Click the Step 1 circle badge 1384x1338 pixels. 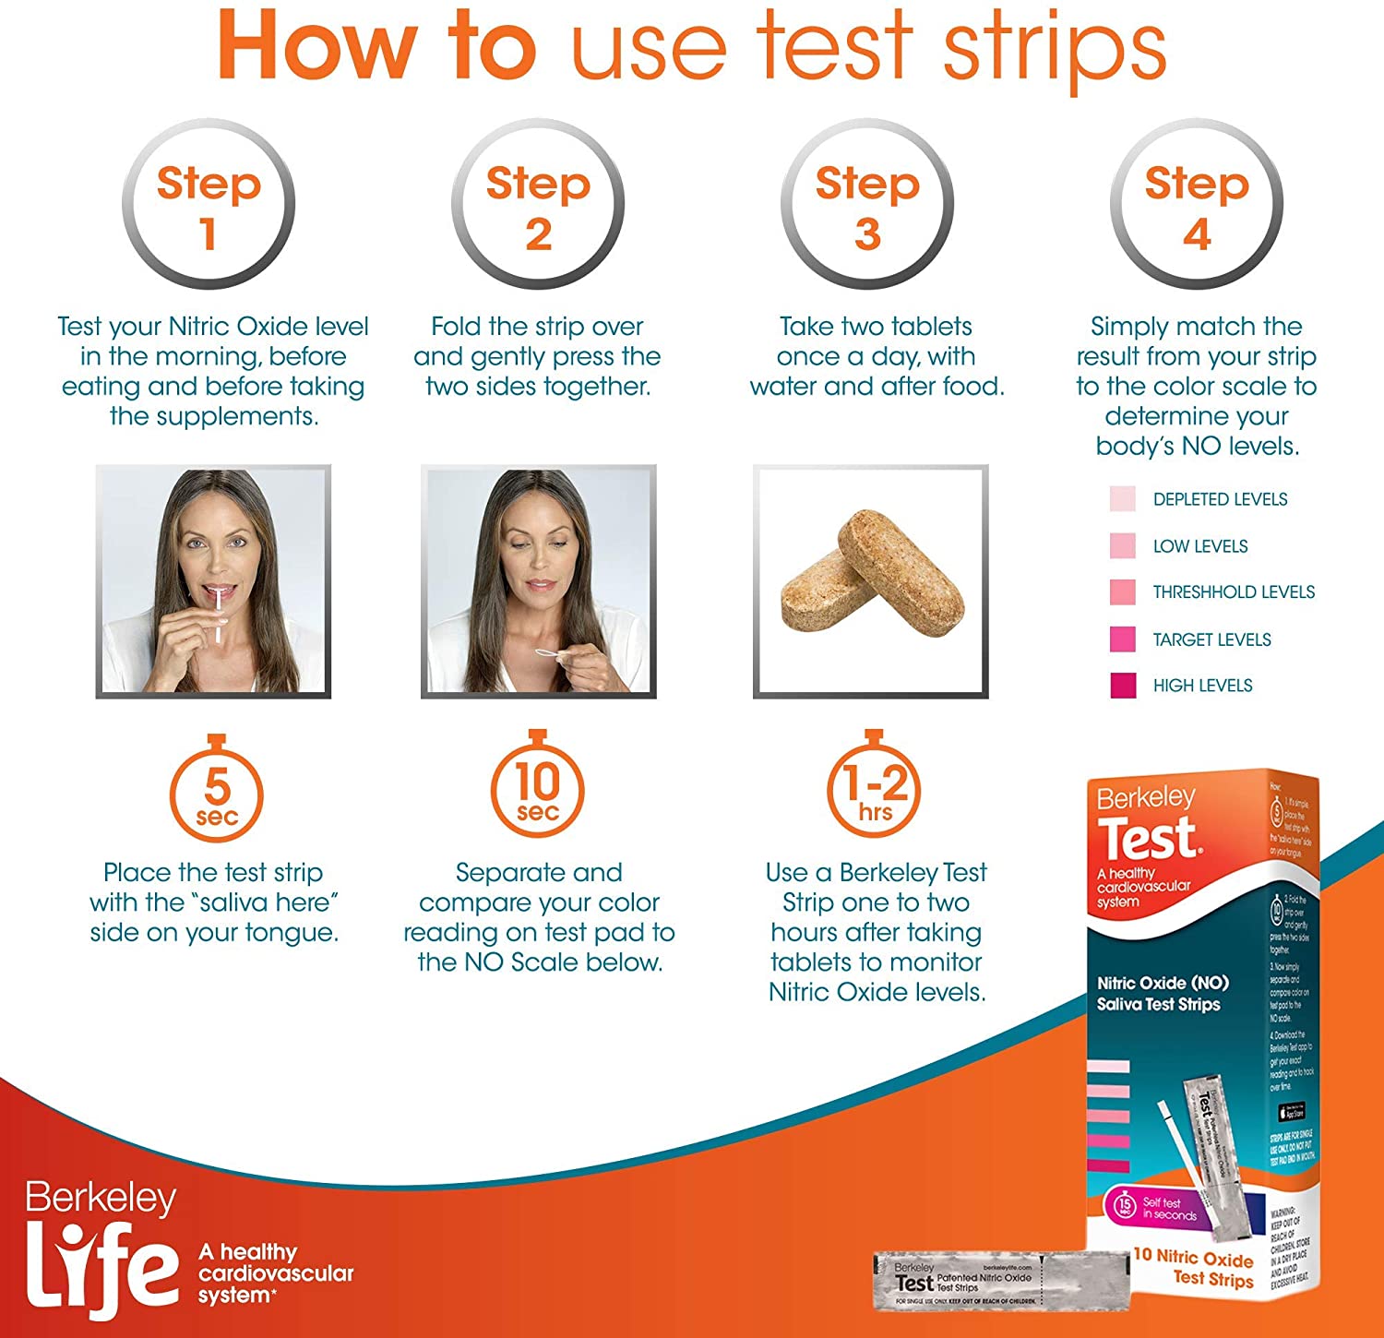tap(209, 204)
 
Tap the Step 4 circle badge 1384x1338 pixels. tap(1197, 204)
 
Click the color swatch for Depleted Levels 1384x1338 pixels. tap(1123, 499)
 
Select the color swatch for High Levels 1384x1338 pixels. tap(1123, 686)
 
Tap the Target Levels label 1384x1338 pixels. tap(1211, 639)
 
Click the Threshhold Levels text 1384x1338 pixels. tap(1234, 592)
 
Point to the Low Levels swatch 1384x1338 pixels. tap(1123, 545)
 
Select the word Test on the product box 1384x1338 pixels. tap(1149, 839)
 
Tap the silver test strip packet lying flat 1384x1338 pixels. tap(1001, 1281)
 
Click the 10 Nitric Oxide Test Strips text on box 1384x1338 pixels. tap(1195, 1267)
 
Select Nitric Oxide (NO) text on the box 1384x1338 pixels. tap(1162, 983)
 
